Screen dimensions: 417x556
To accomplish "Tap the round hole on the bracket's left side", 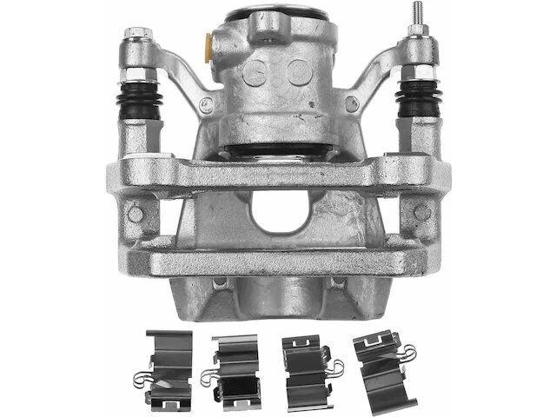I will pyautogui.click(x=136, y=214).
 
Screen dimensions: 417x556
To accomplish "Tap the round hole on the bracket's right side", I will pyautogui.click(x=421, y=212).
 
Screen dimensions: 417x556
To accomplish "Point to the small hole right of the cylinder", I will pyautogui.click(x=350, y=105).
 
